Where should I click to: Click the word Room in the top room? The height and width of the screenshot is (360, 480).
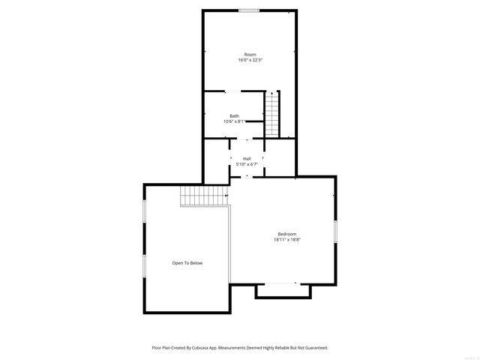[x=250, y=55]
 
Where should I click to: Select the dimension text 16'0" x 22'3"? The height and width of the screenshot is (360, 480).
[x=250, y=60]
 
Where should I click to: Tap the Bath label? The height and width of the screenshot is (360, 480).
[x=235, y=115]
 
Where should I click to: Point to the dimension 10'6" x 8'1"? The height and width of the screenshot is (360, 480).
[x=235, y=121]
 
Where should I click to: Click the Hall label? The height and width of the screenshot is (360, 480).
[x=247, y=158]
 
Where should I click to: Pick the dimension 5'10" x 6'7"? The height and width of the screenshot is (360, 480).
[x=247, y=163]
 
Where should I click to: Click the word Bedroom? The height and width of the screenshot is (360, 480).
[x=287, y=234]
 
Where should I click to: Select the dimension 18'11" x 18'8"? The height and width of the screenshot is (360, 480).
[x=287, y=240]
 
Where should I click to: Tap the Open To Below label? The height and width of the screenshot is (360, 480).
[x=187, y=263]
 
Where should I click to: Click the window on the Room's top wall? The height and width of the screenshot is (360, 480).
[x=250, y=10]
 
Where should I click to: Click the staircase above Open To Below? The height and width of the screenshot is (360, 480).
[x=204, y=196]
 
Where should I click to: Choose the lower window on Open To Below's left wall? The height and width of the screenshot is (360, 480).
[x=144, y=265]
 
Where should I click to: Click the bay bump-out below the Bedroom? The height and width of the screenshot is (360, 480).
[x=283, y=290]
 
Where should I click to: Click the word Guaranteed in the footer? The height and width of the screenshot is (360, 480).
[x=314, y=348]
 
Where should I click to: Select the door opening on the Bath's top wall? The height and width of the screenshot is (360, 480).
[x=233, y=91]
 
